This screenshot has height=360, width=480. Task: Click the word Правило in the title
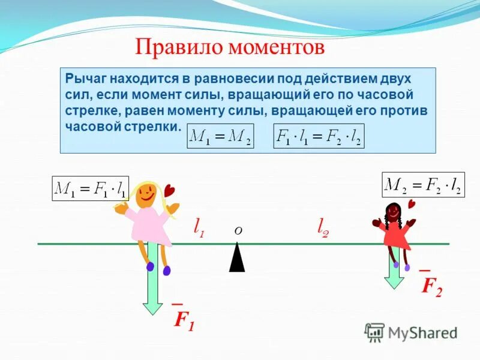point(175,47)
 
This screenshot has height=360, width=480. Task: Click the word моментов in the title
point(273,47)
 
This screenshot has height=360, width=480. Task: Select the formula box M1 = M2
point(220,137)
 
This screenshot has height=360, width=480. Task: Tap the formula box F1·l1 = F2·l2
point(319,137)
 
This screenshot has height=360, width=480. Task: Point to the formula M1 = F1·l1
point(90,188)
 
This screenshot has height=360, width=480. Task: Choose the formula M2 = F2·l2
point(423,185)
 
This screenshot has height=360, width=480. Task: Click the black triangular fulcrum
point(237,259)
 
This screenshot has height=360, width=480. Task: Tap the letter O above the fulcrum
point(238,231)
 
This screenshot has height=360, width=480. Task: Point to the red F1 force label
point(184,319)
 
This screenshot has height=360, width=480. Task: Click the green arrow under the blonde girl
point(152,282)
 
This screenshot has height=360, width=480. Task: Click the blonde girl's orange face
point(146,194)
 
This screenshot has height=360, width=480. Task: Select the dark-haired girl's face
point(393,212)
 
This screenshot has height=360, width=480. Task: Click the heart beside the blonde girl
point(170,190)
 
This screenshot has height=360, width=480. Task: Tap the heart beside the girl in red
point(412,204)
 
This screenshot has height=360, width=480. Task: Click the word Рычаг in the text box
point(83,79)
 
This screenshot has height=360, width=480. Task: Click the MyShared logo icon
point(375,332)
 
